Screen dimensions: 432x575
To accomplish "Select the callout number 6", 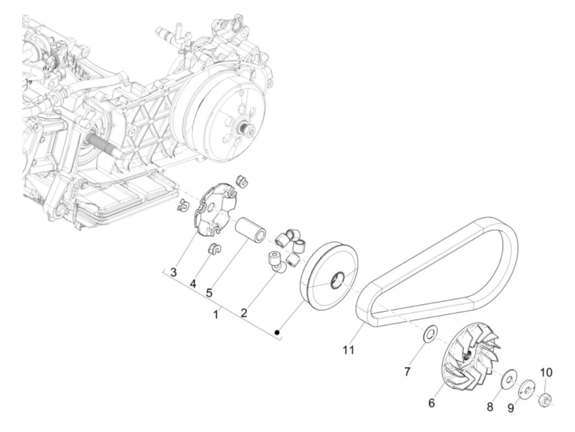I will point(431,403).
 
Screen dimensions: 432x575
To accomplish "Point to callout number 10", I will point(546,373).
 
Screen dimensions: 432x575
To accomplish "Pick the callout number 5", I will point(209,293).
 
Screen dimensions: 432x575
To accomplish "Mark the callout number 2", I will point(244,313).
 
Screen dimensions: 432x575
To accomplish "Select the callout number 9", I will point(511,408).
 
